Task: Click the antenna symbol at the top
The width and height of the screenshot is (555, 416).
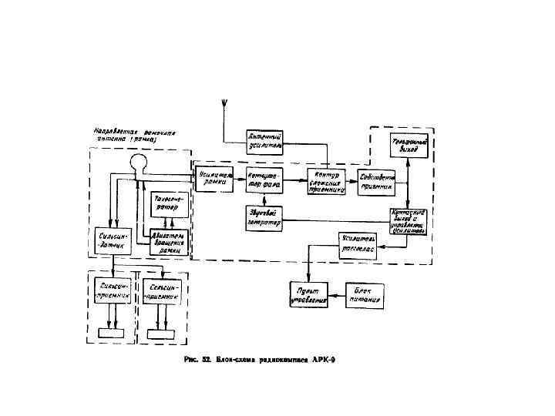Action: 224,105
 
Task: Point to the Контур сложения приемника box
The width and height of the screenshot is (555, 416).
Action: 328,180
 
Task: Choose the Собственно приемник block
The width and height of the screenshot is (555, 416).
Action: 378,180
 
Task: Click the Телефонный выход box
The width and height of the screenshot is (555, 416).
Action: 409,146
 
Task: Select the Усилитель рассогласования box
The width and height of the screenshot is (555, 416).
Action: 359,246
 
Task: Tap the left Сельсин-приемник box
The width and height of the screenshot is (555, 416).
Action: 113,290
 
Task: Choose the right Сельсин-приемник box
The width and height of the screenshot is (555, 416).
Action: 161,290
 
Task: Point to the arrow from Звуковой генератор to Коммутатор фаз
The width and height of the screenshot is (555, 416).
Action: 264,199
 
